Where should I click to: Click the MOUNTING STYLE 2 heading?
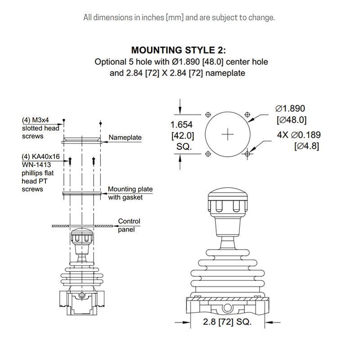[178, 50]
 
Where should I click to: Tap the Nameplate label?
[125, 137]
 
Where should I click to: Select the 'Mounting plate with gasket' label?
[130, 193]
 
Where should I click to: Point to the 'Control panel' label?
[129, 225]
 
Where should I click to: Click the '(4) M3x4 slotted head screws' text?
[40, 128]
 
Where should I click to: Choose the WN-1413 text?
[36, 165]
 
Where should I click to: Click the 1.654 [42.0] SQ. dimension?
[183, 135]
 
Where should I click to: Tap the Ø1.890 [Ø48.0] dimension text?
[291, 114]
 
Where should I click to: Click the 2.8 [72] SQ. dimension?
[227, 322]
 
